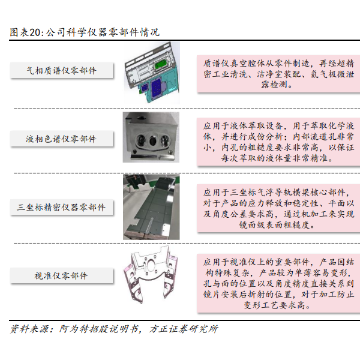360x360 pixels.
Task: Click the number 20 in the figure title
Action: click(35, 32)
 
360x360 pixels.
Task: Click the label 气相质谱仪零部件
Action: click(61, 70)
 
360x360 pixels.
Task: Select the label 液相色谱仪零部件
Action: click(61, 139)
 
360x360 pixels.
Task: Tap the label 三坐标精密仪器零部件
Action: click(61, 208)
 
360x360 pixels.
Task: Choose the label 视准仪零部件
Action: click(61, 275)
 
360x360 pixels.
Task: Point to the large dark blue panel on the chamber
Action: click(157, 88)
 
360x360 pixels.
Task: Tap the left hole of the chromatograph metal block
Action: click(140, 140)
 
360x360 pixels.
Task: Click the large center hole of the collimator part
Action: click(152, 265)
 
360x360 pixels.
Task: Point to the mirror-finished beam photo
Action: click(151, 207)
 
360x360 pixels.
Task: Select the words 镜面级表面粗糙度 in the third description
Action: click(274, 225)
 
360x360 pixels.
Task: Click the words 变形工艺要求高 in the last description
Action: click(274, 305)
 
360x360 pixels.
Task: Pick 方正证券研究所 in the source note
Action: click(183, 329)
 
